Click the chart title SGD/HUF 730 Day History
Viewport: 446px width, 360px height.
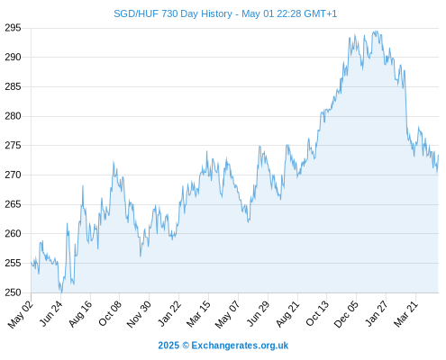[173, 13]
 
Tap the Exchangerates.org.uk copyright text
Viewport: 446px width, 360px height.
[223, 346]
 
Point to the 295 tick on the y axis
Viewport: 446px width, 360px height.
[13, 28]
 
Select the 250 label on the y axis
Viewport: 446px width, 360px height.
[13, 292]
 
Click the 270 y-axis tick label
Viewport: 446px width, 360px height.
[13, 175]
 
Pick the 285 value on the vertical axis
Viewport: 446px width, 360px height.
[13, 86]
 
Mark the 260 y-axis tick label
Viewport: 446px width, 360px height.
[13, 233]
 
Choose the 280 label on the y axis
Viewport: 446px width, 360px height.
[13, 116]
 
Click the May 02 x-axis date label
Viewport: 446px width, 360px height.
[20, 314]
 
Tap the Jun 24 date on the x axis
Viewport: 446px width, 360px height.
[51, 313]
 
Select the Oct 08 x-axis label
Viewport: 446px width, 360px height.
[110, 313]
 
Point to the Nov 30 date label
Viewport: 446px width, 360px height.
[139, 314]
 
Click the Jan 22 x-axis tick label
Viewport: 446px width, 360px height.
[169, 313]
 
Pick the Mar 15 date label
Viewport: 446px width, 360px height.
[198, 314]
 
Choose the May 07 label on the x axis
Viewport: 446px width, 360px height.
[228, 314]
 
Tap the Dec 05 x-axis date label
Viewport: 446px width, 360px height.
[346, 314]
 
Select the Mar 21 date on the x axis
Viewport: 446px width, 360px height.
[406, 314]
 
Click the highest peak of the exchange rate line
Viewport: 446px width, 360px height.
[376, 31]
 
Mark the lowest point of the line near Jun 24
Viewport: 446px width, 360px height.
[61, 292]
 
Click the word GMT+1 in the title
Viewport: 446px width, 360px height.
[321, 13]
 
